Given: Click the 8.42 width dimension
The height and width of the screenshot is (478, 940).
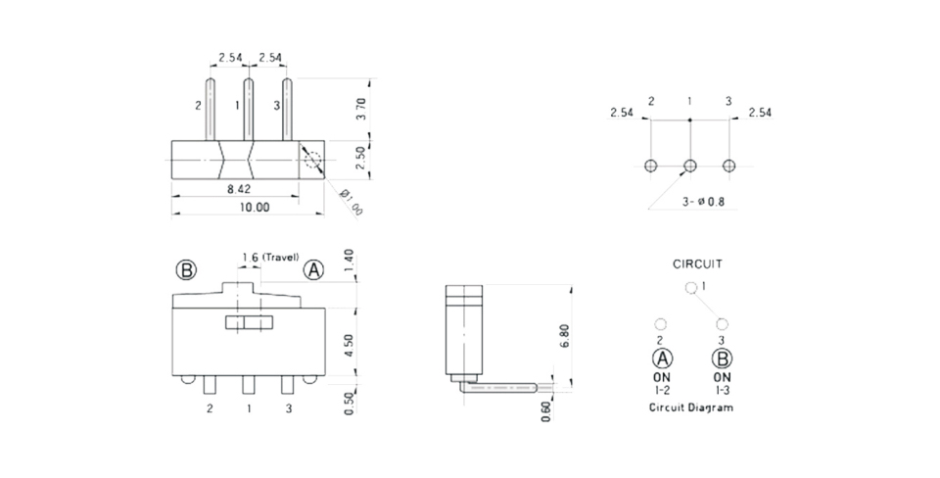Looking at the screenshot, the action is [x=239, y=189].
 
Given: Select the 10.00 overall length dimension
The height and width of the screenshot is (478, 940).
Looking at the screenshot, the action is [x=256, y=208].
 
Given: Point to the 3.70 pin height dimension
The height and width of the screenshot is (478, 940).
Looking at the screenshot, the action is [x=361, y=109].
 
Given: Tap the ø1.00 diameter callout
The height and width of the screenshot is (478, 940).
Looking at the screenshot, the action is [x=352, y=202].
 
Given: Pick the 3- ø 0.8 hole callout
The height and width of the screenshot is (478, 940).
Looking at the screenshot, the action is [x=703, y=202].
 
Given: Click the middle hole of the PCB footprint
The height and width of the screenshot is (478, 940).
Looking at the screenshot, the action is [x=690, y=166].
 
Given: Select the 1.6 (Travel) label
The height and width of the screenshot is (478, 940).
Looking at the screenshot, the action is [x=270, y=258].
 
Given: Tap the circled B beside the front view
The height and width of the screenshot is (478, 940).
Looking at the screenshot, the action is [x=186, y=270].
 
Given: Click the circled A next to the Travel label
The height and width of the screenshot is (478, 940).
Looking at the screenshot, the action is [x=313, y=270].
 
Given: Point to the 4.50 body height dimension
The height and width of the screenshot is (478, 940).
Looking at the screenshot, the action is [x=350, y=345].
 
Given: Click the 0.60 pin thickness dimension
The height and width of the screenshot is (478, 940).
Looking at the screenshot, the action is [x=546, y=410].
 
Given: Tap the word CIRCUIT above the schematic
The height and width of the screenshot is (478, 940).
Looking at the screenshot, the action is [x=697, y=263].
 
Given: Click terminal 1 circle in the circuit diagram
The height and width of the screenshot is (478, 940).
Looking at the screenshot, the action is [x=690, y=289].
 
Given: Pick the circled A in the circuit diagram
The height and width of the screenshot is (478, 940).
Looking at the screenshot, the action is [x=663, y=358].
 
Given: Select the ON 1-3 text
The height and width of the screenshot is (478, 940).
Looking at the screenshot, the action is [x=722, y=384].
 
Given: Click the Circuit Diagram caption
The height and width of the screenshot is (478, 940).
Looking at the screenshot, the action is [x=691, y=407].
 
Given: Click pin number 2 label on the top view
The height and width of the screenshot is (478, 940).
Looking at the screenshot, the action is [x=198, y=106].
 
